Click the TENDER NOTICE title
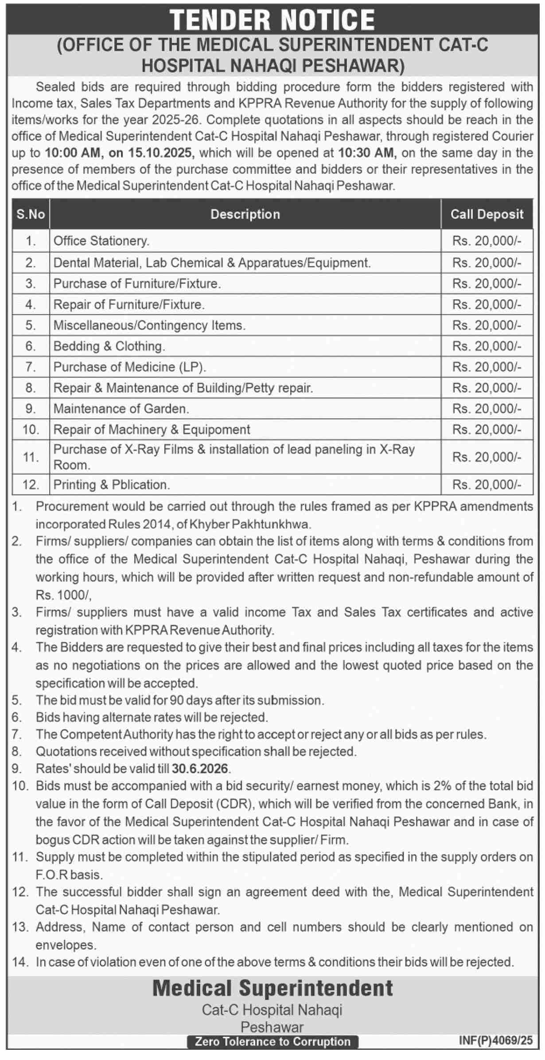point(272,20)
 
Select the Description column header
point(245,214)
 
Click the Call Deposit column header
point(487,214)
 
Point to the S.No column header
point(31,214)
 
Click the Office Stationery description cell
point(101,241)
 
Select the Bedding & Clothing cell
point(109,346)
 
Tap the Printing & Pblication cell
point(112,484)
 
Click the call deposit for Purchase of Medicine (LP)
point(487,367)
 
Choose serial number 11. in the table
point(31,457)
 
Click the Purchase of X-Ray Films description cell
point(234,457)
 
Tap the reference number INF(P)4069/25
point(496,1040)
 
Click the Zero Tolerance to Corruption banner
point(272,1041)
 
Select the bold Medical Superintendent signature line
point(272,988)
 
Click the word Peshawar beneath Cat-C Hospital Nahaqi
point(272,1027)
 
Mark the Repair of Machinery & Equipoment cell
point(152,429)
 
